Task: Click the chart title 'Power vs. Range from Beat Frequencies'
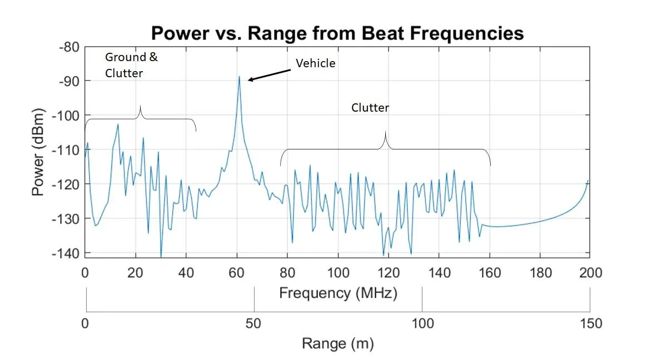coord(337,33)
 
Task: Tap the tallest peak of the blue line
coord(239,77)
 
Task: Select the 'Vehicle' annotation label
coord(315,63)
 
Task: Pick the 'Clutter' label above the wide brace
coord(370,108)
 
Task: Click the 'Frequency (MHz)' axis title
coord(338,293)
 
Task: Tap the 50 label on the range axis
coord(254,323)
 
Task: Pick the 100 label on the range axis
coord(422,323)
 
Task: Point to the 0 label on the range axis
coord(85,323)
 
